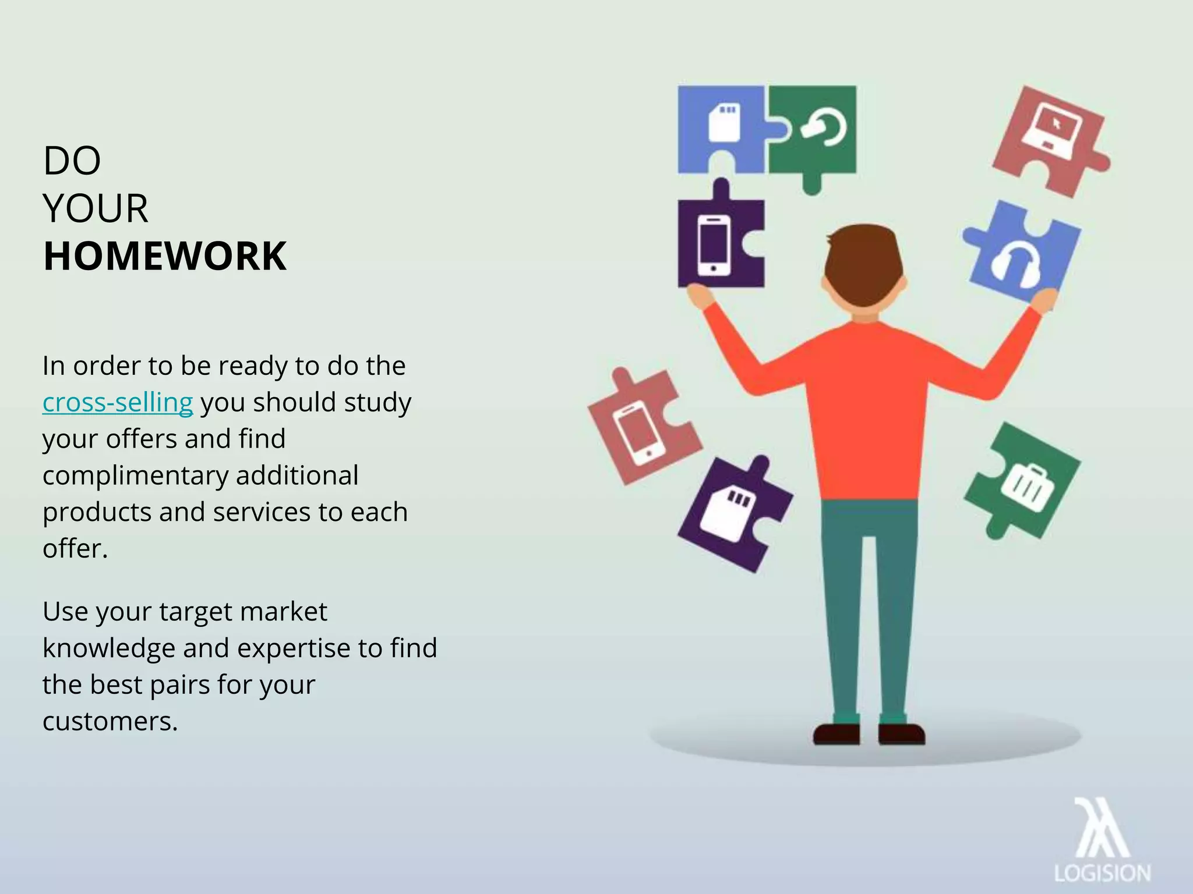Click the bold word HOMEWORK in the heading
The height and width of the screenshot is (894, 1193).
165,256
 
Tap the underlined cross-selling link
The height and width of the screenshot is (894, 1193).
117,402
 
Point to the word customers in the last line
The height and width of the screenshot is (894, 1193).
110,721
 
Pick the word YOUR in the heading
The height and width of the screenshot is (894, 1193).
96,208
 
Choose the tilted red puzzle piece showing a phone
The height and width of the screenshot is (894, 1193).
641,431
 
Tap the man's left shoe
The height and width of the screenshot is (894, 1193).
836,734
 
